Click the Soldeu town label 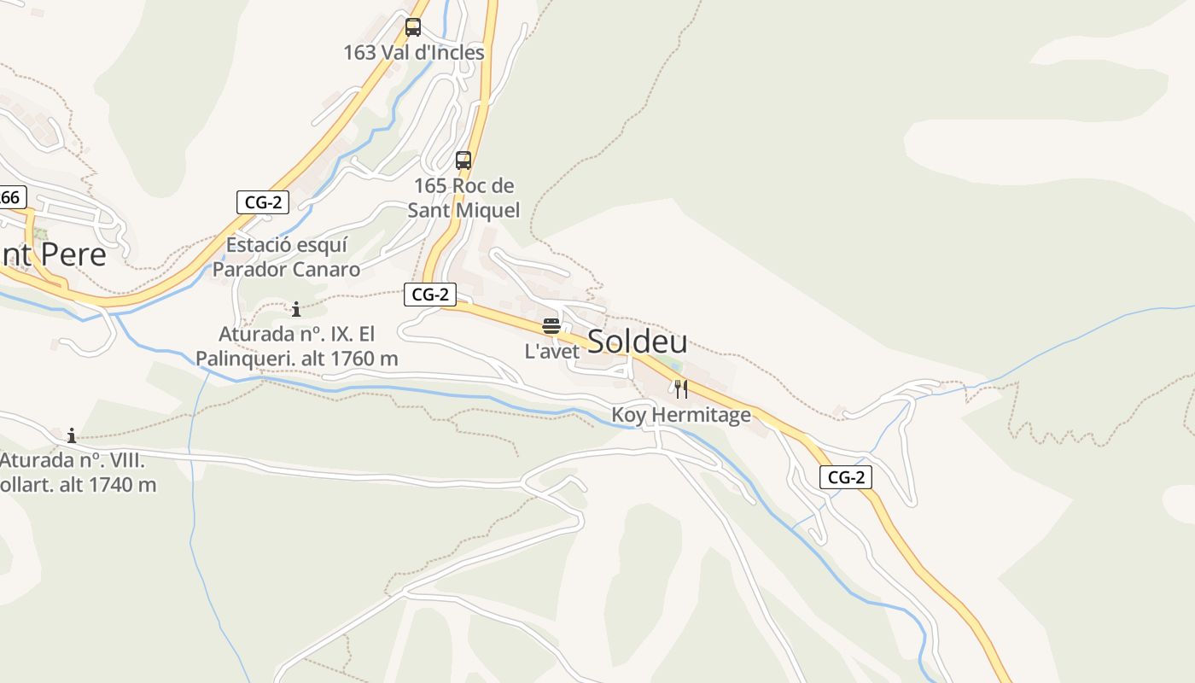click(x=638, y=341)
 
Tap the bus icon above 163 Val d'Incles click(x=413, y=27)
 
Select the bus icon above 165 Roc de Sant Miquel click(x=463, y=160)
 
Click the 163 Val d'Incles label click(x=414, y=53)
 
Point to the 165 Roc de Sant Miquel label click(x=463, y=197)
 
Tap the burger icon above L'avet click(x=551, y=325)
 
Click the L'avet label click(x=551, y=351)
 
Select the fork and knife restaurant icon click(x=681, y=389)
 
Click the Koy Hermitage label click(x=681, y=415)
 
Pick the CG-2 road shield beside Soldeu click(x=430, y=295)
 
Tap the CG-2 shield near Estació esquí click(x=263, y=202)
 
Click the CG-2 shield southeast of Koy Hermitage click(x=846, y=477)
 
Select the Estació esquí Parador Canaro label click(x=287, y=257)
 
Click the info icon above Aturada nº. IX click(x=296, y=309)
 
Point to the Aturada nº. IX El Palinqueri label click(x=297, y=346)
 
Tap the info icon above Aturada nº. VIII click(x=72, y=435)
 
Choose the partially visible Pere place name click(x=53, y=254)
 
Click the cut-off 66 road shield click(x=11, y=197)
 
